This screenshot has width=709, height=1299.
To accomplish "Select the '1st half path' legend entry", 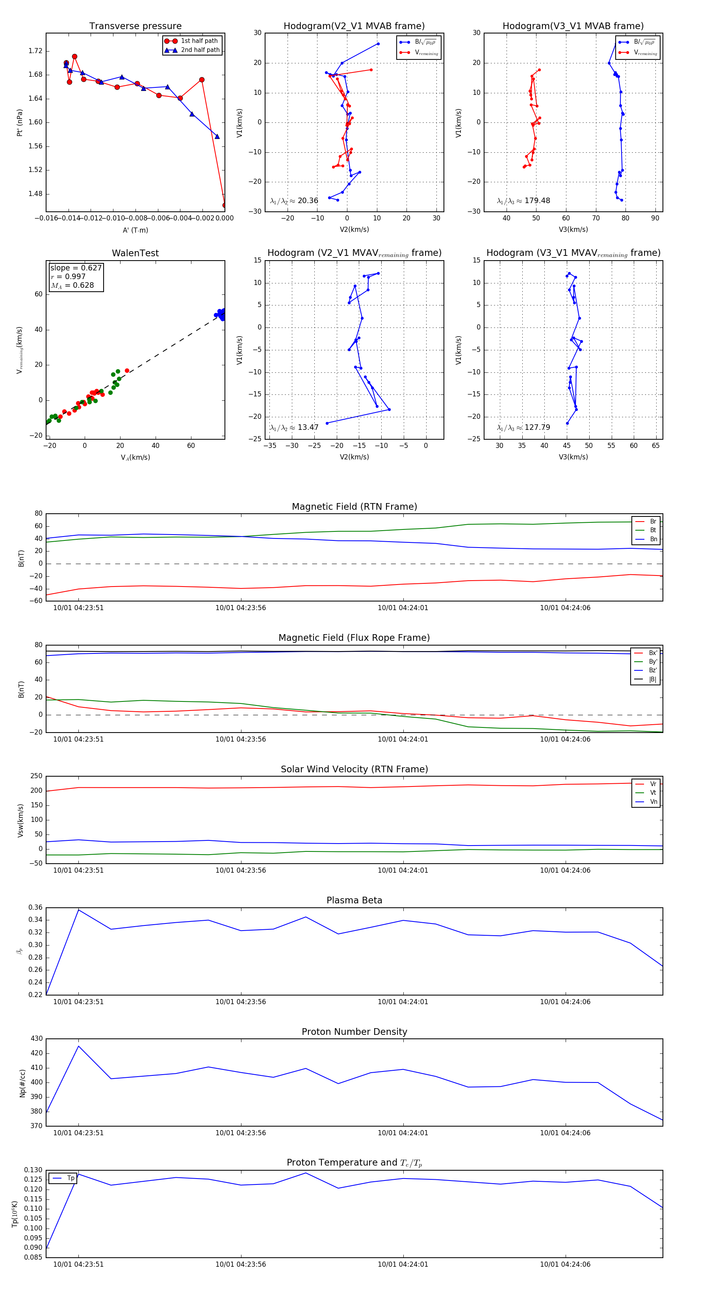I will (199, 41).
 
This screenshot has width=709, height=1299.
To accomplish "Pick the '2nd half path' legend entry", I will (200, 50).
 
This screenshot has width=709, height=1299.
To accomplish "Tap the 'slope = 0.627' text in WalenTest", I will (76, 268).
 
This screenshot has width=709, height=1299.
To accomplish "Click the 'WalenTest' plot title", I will (135, 253).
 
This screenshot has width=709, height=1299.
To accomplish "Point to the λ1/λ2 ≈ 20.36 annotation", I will (294, 201).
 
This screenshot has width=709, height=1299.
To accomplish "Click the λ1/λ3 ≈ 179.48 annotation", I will (523, 201).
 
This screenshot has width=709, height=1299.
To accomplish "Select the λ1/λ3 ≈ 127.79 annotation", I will (523, 427).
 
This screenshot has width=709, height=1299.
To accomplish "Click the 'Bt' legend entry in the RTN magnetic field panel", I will (653, 530).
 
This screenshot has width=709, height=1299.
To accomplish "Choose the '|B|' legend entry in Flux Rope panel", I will (653, 679).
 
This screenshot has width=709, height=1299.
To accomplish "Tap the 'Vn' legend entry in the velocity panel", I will (653, 802).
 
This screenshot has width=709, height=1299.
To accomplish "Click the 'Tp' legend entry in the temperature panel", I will (70, 1179).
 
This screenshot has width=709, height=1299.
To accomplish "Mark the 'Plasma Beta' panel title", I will (354, 901).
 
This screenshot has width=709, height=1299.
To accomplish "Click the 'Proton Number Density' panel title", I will (354, 1032).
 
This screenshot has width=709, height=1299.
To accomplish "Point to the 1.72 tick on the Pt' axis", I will (35, 51).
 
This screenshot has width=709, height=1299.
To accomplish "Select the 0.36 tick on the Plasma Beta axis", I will (35, 908).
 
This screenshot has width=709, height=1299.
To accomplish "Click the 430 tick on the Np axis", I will (36, 1039).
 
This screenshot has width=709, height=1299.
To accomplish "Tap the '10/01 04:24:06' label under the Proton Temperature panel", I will (565, 1264).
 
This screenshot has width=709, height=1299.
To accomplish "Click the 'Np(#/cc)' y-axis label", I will (22, 1082).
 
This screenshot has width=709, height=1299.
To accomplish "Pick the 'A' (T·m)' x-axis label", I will (135, 230).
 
